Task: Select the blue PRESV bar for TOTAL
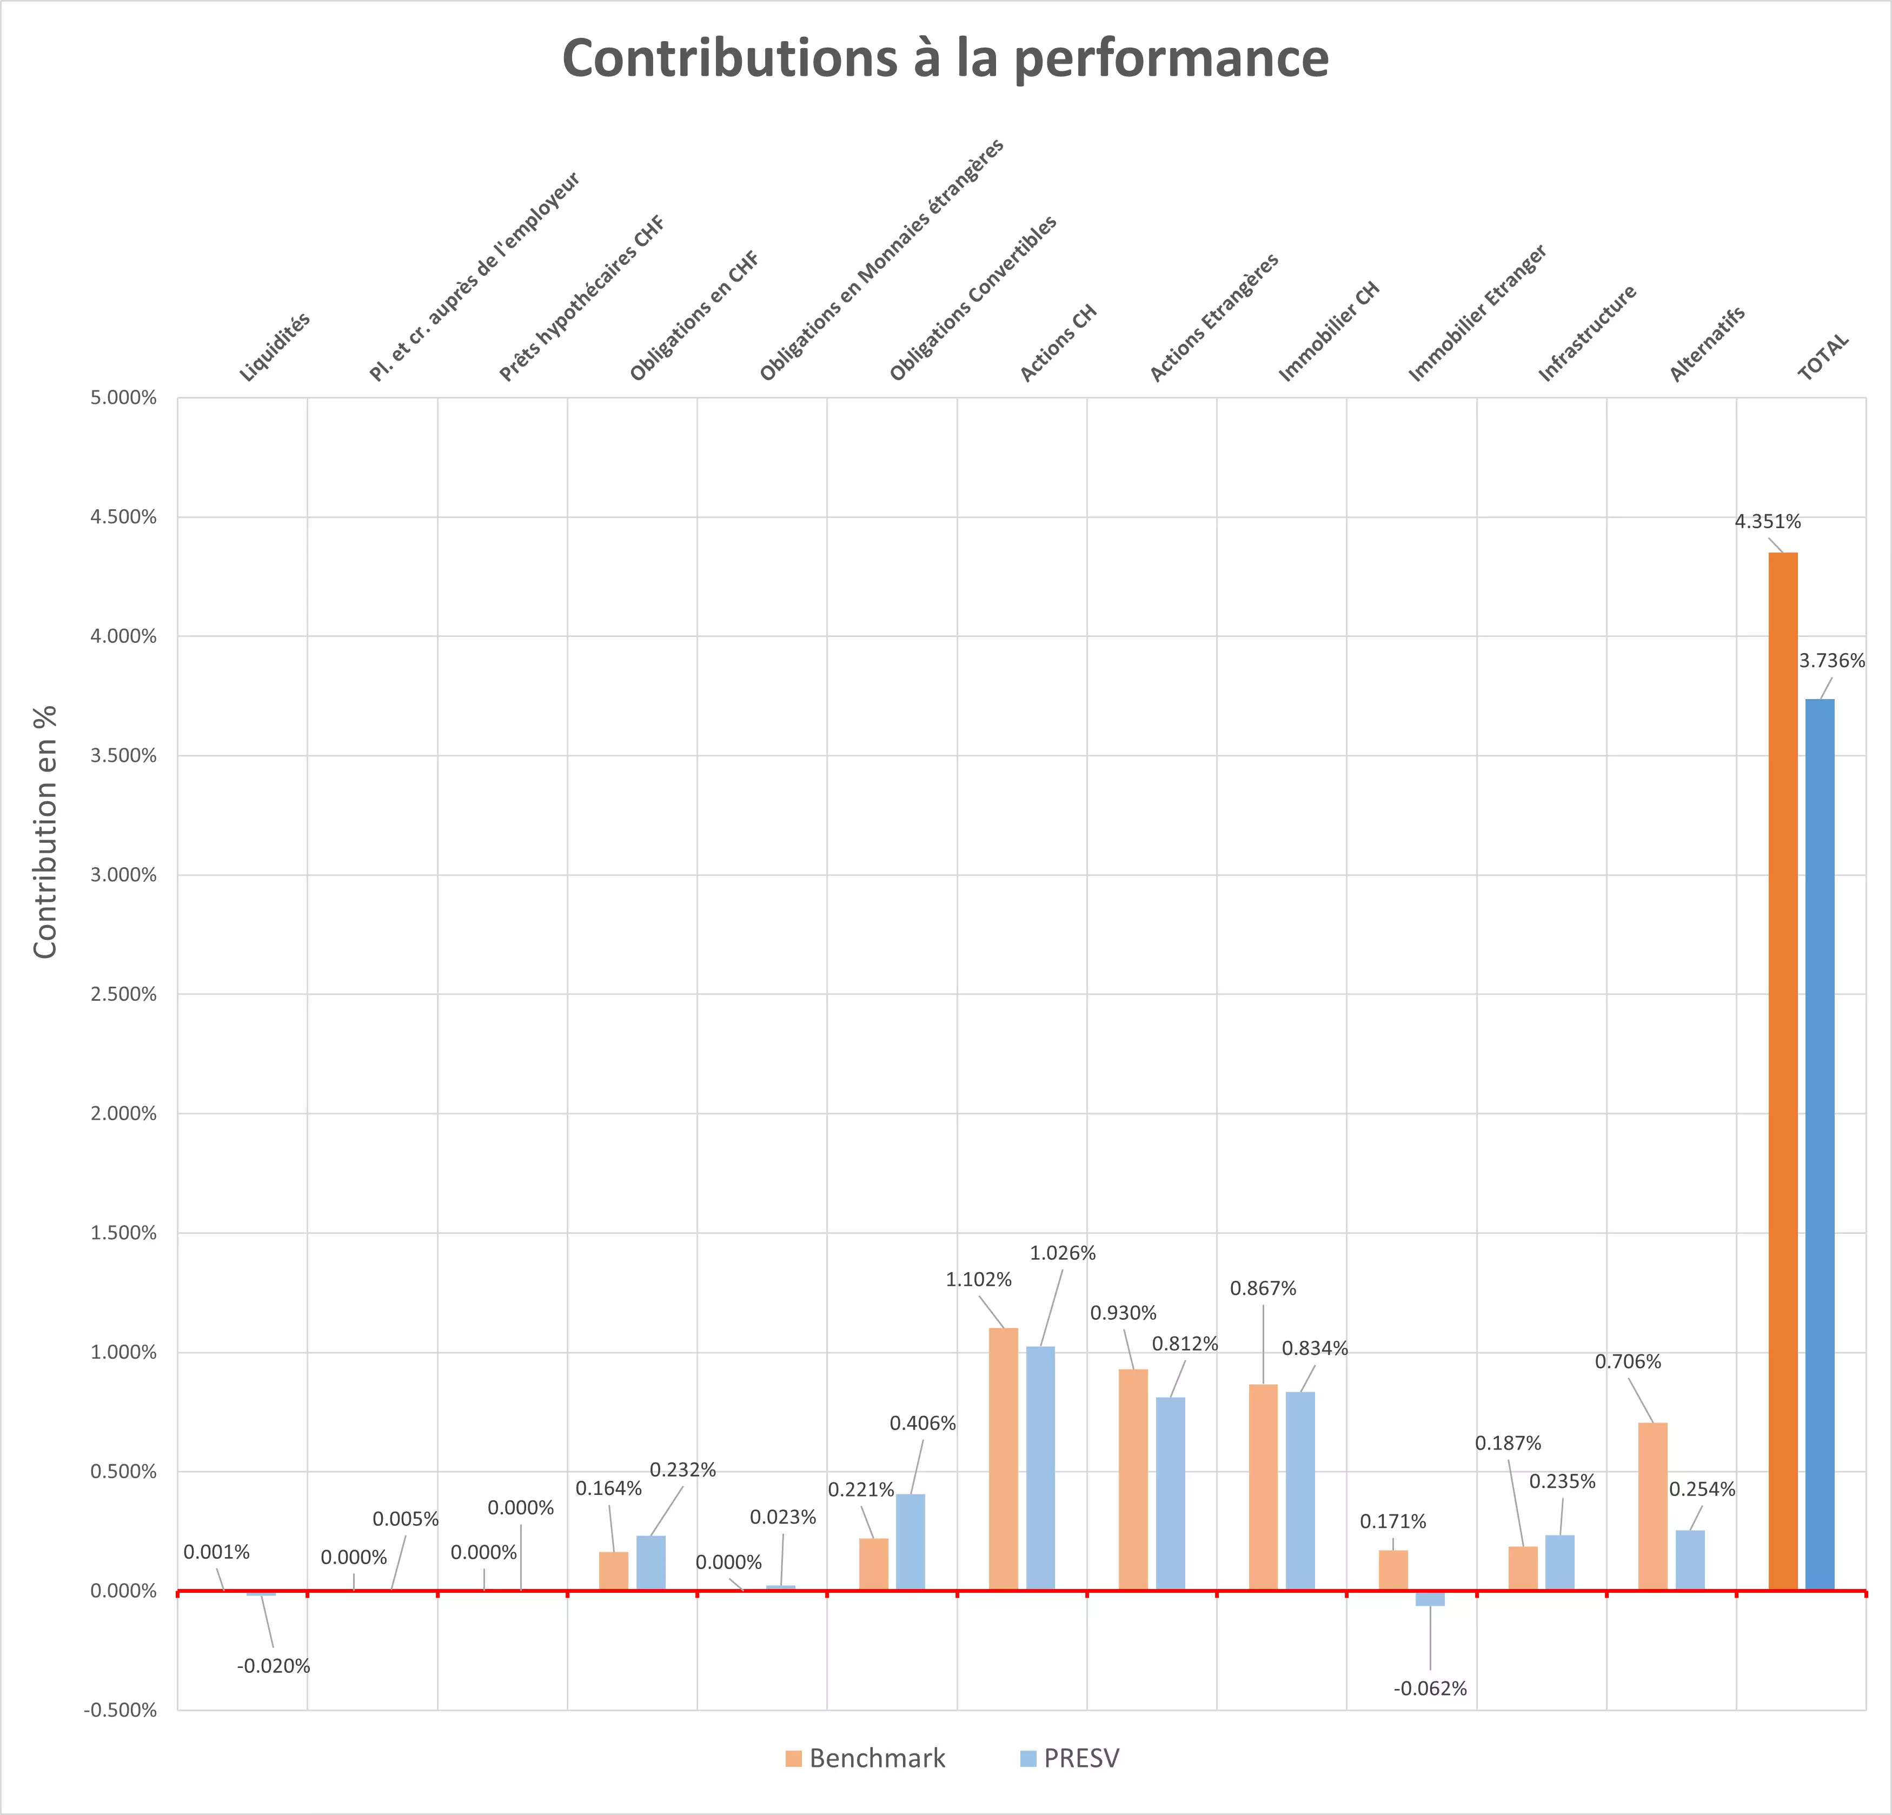(1820, 1144)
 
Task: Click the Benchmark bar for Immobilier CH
(1263, 1487)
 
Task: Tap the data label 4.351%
(1768, 521)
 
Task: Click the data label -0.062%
(1430, 1688)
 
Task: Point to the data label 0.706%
(1628, 1361)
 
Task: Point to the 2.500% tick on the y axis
(124, 994)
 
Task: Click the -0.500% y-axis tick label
(121, 1710)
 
